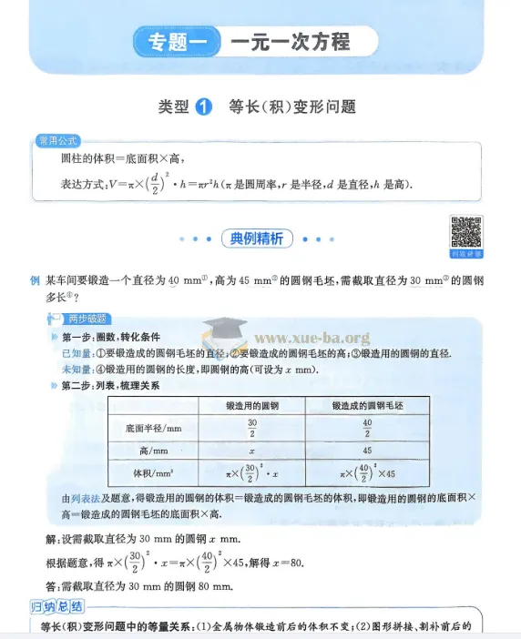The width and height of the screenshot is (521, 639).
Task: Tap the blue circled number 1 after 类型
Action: click(204, 106)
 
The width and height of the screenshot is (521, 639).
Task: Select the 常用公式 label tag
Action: click(56, 140)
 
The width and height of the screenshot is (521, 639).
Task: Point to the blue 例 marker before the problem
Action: click(35, 281)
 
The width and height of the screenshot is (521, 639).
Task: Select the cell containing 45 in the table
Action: click(367, 450)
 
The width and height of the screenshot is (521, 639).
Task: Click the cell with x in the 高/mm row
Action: click(252, 450)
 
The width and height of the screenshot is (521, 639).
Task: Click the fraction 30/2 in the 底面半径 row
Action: click(252, 427)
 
